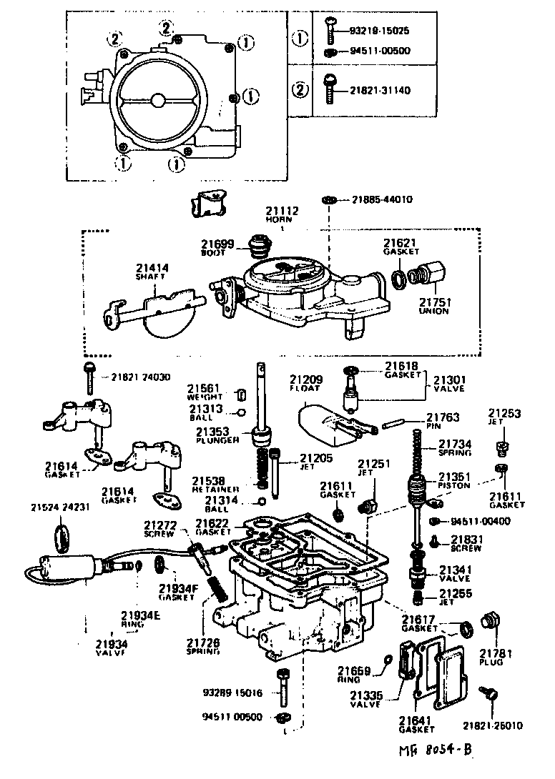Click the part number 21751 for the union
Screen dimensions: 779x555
tap(434, 302)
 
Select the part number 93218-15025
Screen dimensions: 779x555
tap(380, 32)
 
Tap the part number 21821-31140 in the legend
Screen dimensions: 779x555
tap(380, 91)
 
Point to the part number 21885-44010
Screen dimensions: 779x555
tap(382, 199)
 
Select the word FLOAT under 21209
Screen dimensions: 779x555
tap(306, 389)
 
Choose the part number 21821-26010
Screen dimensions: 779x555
tap(492, 725)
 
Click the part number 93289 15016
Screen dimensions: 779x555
tap(232, 693)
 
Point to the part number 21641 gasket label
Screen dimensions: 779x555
tap(418, 721)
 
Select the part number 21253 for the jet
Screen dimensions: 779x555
tap(505, 413)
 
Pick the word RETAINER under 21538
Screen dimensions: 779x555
tap(209, 490)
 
